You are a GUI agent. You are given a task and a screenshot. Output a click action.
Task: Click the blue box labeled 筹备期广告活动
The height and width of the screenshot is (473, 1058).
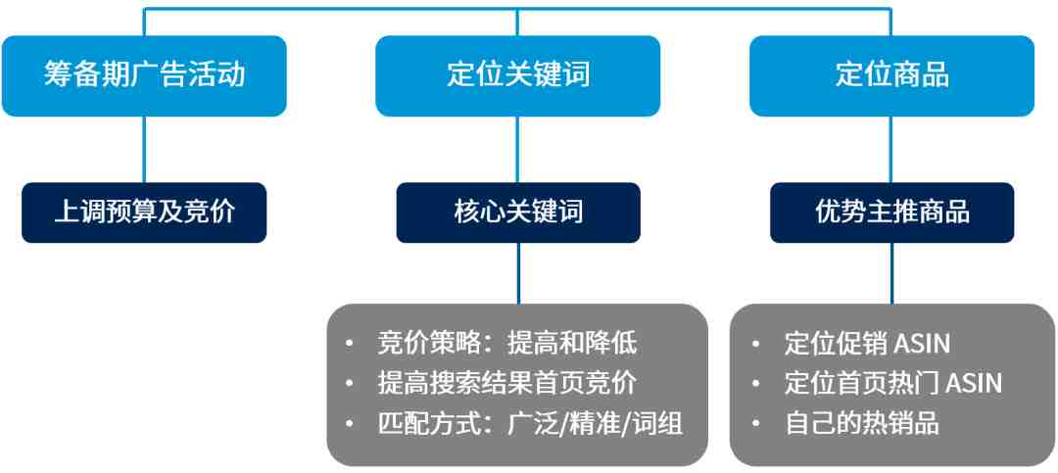coord(144,75)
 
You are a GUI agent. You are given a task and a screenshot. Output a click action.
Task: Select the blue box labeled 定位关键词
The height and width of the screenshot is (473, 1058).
coord(517,75)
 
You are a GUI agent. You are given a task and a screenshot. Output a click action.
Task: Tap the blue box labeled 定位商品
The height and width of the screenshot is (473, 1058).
coord(891,75)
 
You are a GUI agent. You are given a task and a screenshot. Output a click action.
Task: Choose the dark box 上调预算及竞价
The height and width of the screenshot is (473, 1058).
coord(144,213)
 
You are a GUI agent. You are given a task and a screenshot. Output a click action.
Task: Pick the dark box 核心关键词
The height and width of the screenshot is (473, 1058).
coord(518,213)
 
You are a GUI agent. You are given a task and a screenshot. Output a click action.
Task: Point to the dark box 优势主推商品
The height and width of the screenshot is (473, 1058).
coord(892,213)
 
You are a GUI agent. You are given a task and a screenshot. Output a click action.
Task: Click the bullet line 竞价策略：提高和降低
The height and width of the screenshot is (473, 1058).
coord(506,344)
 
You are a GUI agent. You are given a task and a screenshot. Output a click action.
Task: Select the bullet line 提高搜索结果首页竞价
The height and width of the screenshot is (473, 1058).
coord(506,383)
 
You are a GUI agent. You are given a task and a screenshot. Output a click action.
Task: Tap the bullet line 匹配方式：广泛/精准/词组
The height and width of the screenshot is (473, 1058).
coord(530,424)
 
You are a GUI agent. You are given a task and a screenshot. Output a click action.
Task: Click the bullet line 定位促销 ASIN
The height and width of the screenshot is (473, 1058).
coord(867,344)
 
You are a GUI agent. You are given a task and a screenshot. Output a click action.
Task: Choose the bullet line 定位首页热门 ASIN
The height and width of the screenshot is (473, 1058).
coord(893,383)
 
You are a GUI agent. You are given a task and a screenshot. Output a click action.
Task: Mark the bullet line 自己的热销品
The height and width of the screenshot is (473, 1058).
coord(862,424)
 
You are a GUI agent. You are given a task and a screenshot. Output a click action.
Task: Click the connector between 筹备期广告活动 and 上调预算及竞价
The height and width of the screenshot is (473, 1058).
coord(144,149)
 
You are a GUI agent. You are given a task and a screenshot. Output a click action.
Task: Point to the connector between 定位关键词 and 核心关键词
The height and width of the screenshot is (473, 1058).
coord(517,149)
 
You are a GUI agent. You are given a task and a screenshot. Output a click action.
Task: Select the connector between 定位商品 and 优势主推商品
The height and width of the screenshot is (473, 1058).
coord(891,149)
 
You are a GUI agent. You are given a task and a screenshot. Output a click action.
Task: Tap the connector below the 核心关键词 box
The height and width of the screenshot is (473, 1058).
coord(518,273)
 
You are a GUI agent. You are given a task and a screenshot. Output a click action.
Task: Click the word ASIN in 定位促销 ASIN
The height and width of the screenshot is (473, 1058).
coord(922,344)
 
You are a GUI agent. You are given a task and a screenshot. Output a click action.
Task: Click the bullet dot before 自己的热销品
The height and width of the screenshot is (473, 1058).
coord(755,424)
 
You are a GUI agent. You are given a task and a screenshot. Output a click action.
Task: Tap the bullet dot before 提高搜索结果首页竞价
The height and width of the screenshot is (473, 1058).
coord(348,383)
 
